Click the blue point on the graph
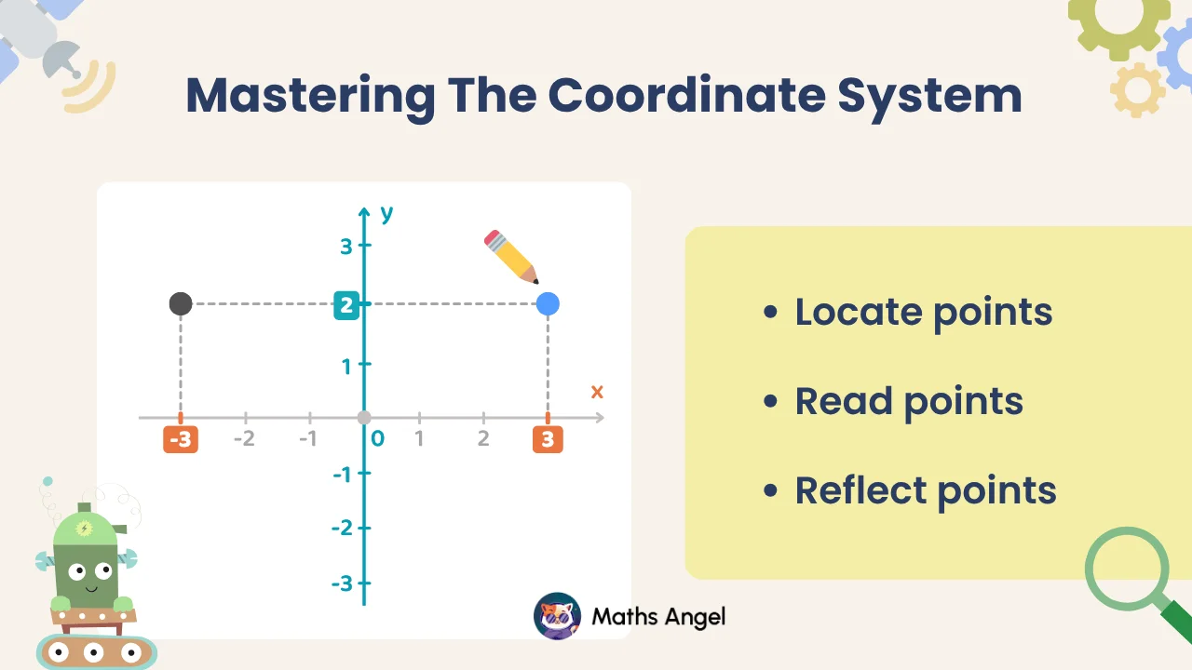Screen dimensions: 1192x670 548,304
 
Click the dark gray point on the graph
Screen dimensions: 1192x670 181,303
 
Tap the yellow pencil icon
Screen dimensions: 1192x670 511,257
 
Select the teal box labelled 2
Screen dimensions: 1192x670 346,305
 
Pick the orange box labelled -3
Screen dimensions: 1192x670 181,439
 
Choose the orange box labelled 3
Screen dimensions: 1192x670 548,439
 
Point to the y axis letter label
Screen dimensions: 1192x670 386,214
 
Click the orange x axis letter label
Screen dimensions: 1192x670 597,393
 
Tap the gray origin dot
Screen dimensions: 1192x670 364,418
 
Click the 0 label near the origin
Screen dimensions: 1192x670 378,438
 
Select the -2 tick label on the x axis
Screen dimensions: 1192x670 244,438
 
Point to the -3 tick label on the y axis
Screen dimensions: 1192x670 342,583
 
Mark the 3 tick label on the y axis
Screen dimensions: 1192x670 346,247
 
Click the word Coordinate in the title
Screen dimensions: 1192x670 687,96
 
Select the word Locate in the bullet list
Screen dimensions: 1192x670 859,312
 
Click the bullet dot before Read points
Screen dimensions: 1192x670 770,401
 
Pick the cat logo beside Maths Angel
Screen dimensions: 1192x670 557,616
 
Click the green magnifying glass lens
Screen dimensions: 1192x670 1127,568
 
